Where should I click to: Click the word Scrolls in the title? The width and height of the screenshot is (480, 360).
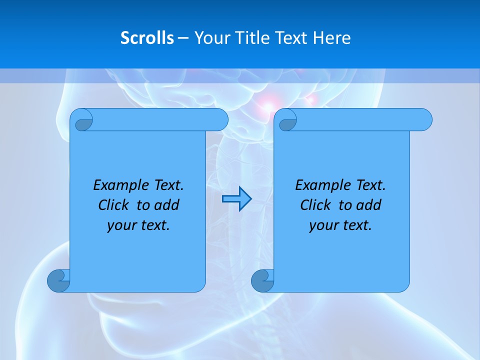tap(147, 38)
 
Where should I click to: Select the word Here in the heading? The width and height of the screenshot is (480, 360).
tap(331, 38)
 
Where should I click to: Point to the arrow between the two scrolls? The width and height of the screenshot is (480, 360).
tap(236, 199)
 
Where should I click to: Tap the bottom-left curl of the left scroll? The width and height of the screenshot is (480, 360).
tap(59, 280)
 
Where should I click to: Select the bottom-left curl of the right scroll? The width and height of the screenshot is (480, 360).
tap(263, 280)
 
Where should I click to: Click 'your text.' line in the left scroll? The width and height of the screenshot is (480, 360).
tap(138, 225)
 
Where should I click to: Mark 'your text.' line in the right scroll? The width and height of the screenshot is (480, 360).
tap(340, 225)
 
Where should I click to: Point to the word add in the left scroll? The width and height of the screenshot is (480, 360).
tap(167, 205)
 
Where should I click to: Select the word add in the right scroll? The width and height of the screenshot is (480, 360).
tap(369, 205)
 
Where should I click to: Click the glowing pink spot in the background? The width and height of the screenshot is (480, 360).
tap(268, 105)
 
